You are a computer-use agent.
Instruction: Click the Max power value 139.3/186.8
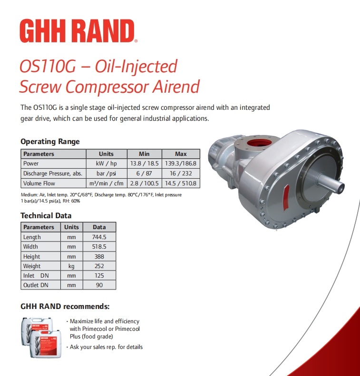pos(181,164)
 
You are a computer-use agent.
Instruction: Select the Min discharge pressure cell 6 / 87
pos(144,174)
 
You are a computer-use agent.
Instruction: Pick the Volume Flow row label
pos(39,183)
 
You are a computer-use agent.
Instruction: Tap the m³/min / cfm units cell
pos(106,183)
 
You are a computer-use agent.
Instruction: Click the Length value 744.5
pos(99,237)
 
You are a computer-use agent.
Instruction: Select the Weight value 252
pos(99,266)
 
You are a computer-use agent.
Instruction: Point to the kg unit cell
pos(71,266)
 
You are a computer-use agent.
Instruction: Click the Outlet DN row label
pos(36,285)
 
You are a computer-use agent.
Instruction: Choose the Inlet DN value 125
pos(99,276)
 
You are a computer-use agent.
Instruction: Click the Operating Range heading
pos(50,142)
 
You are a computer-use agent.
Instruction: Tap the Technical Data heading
pos(46,216)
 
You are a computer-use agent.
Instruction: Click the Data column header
pos(99,227)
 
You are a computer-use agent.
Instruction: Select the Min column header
pos(144,154)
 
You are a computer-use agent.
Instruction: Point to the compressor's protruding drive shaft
pos(331,182)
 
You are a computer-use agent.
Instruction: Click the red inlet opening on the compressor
pos(259,143)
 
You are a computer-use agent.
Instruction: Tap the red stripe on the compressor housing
pos(286,197)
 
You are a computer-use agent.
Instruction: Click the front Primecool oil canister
pos(45,344)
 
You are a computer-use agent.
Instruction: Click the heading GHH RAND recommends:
pos(65,307)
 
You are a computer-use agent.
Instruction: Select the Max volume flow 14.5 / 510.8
pos(181,183)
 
